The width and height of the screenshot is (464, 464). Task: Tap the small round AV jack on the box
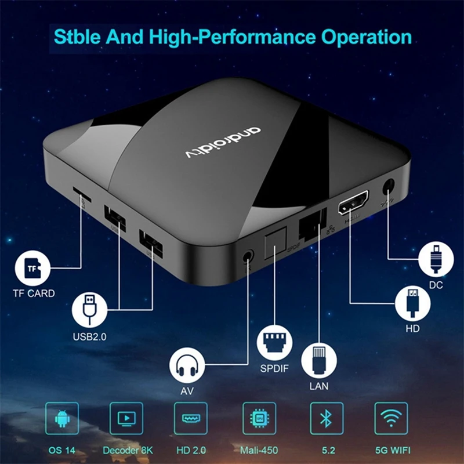click(249, 255)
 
